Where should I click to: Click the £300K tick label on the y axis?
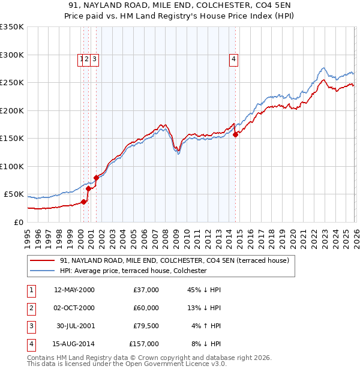[x=12, y=55]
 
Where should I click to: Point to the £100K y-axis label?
[x=12, y=166]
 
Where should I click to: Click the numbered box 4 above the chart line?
[x=233, y=59]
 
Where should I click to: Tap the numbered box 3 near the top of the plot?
[x=95, y=59]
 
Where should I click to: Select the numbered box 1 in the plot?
[x=81, y=59]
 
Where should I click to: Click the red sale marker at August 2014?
[x=235, y=134]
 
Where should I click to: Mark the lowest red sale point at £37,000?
[x=84, y=202]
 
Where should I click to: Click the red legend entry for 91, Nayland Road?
[x=174, y=260]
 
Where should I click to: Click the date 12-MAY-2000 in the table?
[x=74, y=290]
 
